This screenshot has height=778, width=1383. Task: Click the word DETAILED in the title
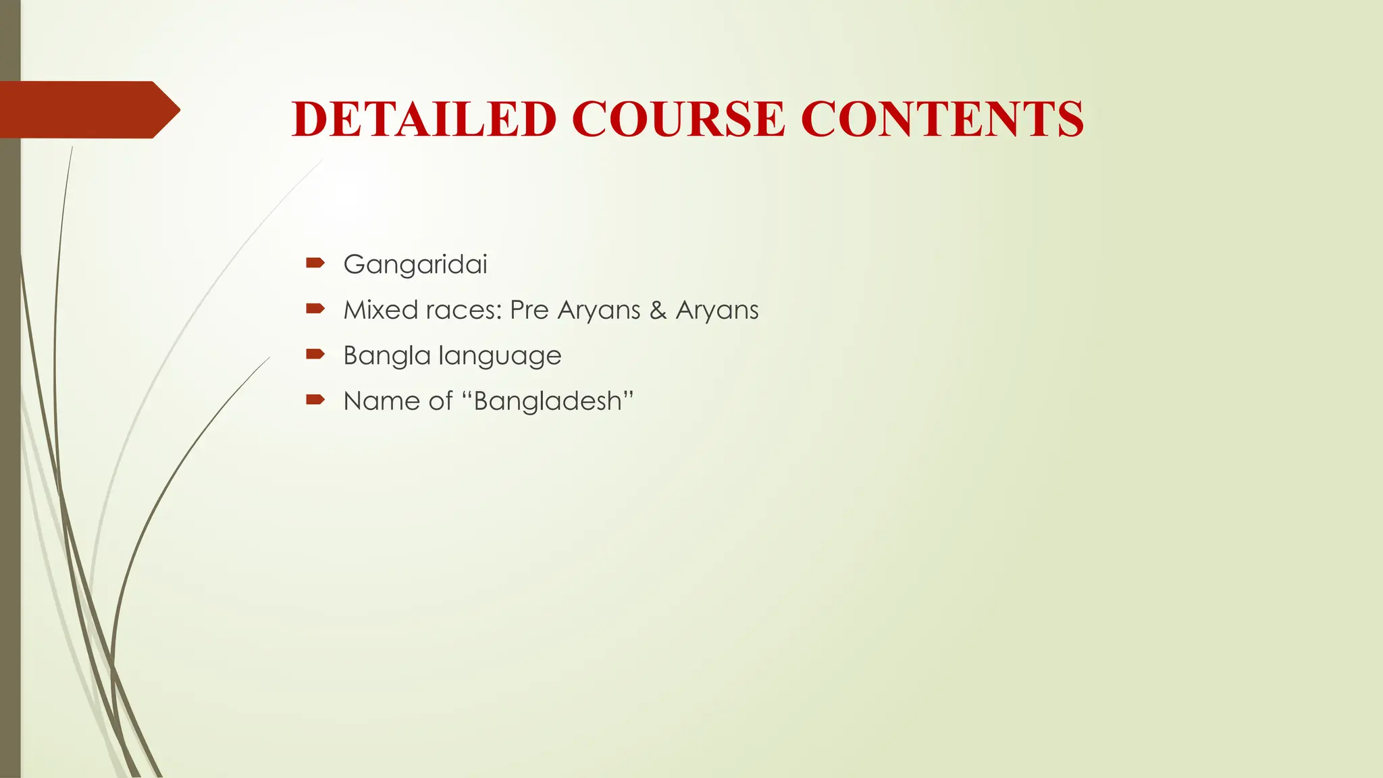coord(424,120)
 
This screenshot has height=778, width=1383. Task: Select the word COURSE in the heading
coord(678,120)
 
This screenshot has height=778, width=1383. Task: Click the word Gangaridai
coord(415,265)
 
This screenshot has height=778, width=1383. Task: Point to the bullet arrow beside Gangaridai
coord(315,263)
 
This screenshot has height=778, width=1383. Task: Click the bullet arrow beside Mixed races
coord(315,309)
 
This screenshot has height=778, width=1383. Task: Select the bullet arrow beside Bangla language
coord(315,354)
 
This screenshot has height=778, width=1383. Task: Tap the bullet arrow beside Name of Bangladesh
coord(315,400)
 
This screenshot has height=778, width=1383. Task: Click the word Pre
coord(529,310)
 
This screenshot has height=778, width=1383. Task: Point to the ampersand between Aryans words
coord(658,310)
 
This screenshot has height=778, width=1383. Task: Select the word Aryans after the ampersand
coord(717,310)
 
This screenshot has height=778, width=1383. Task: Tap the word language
coord(500,356)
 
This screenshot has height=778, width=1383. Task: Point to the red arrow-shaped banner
coord(88,109)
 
